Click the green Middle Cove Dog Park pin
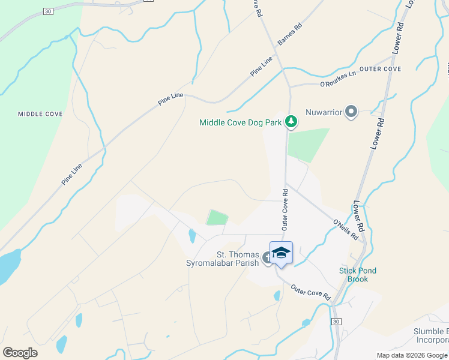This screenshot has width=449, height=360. [291, 122]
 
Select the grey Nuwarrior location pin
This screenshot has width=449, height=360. [351, 112]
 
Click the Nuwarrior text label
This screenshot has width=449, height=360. [324, 112]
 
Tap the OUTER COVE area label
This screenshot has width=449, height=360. [381, 69]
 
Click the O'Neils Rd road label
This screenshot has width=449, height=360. [345, 230]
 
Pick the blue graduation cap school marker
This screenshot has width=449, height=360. [281, 253]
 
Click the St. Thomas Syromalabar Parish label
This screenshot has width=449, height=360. [238, 259]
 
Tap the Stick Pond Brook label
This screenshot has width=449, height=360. [358, 275]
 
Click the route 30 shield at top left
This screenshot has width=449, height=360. [49, 11]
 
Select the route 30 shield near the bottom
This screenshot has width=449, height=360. [336, 322]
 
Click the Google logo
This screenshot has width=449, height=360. [20, 353]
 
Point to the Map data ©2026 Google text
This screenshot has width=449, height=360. [411, 355]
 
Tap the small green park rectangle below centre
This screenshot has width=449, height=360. [217, 217]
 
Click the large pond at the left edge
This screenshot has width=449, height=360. [7, 267]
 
